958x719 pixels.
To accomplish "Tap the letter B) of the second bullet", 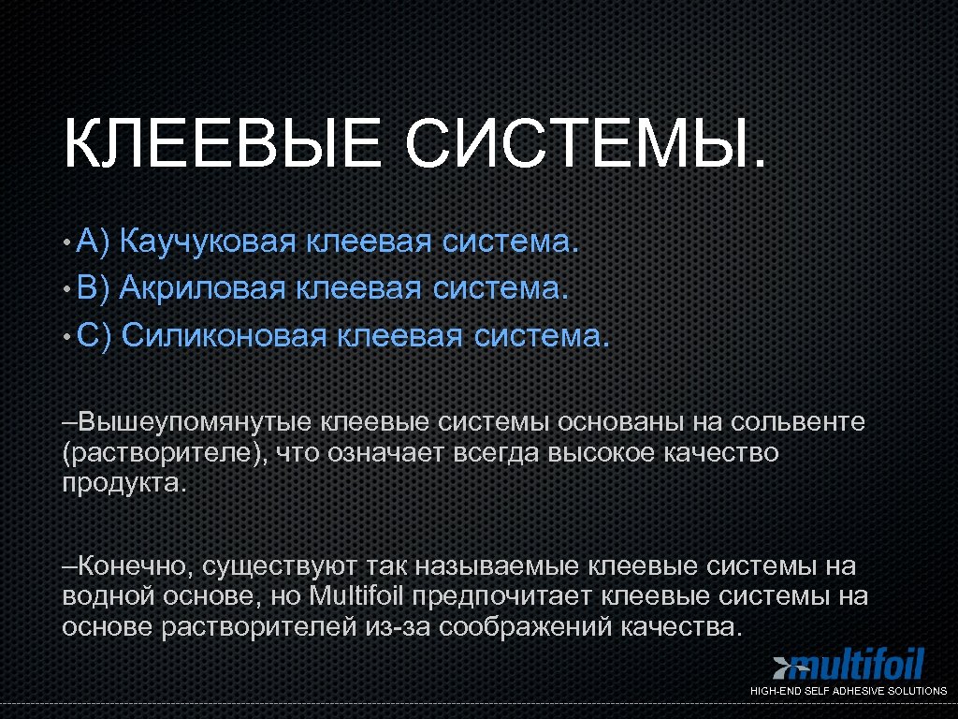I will click(x=94, y=287).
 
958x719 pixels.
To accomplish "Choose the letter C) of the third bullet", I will click(x=94, y=333).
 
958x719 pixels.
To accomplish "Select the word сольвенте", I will click(x=799, y=422).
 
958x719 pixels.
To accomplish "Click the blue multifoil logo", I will click(x=849, y=666).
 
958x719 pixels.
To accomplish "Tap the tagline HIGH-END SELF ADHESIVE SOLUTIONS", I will click(x=849, y=691).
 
